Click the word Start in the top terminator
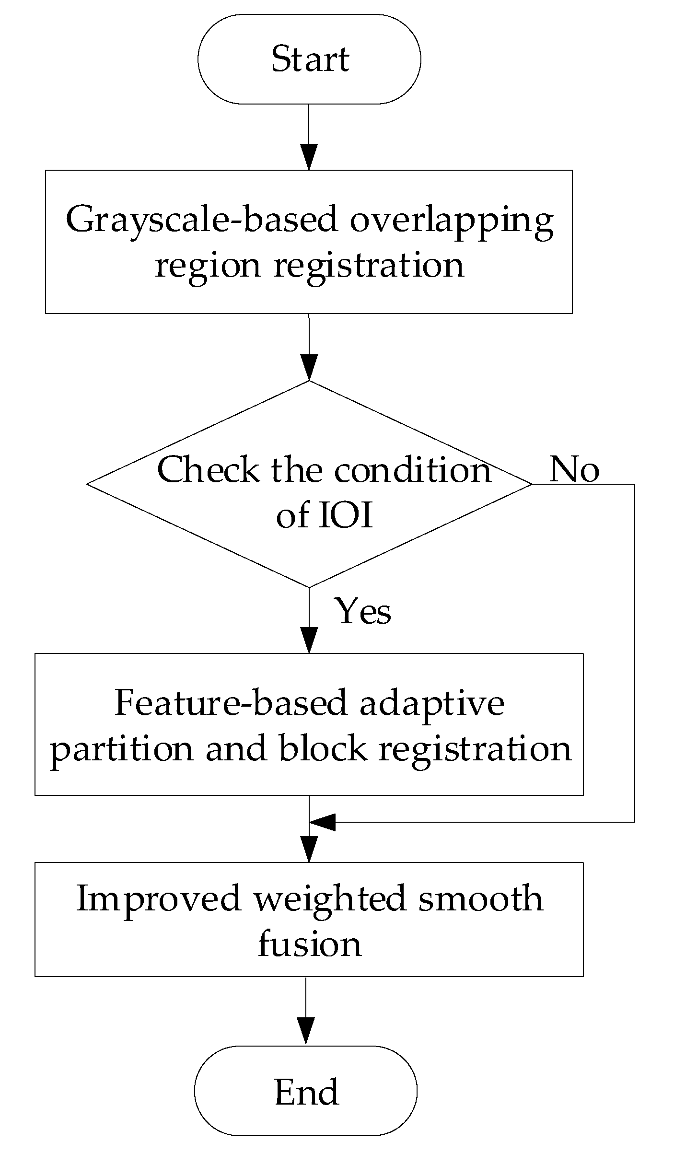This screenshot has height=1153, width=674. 310,59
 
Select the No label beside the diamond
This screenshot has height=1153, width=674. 574,469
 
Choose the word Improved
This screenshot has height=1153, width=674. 158,898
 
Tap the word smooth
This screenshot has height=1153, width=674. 481,898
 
